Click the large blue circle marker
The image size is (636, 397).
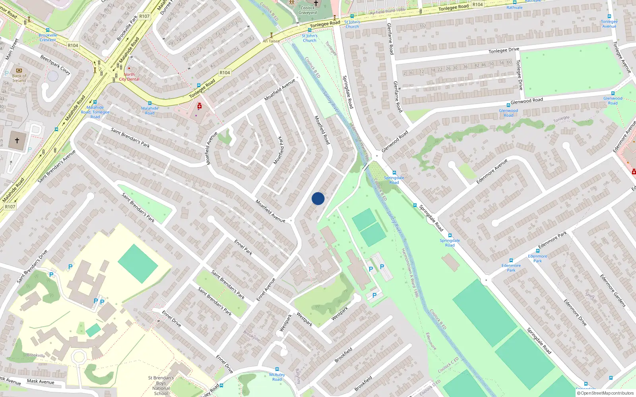click(318, 198)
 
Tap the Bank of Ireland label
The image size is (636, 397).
click(19, 78)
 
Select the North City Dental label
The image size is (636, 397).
click(129, 77)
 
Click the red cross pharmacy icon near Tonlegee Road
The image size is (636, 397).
click(200, 106)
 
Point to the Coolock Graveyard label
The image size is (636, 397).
click(308, 10)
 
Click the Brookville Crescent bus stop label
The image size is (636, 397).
click(48, 37)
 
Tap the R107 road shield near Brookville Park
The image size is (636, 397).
click(144, 17)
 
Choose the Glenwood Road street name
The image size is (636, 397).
click(527, 100)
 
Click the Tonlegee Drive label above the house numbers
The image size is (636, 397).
click(504, 50)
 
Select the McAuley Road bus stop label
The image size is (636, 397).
click(277, 377)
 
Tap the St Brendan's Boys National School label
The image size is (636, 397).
click(161, 385)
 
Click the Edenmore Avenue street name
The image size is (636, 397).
click(492, 172)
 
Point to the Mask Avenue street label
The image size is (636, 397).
click(41, 382)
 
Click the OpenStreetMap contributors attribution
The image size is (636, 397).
click(605, 393)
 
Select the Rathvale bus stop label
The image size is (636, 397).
click(514, 8)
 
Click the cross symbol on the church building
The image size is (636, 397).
click(17, 141)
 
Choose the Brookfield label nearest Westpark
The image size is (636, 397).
click(343, 355)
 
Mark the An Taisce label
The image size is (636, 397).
click(271, 41)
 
